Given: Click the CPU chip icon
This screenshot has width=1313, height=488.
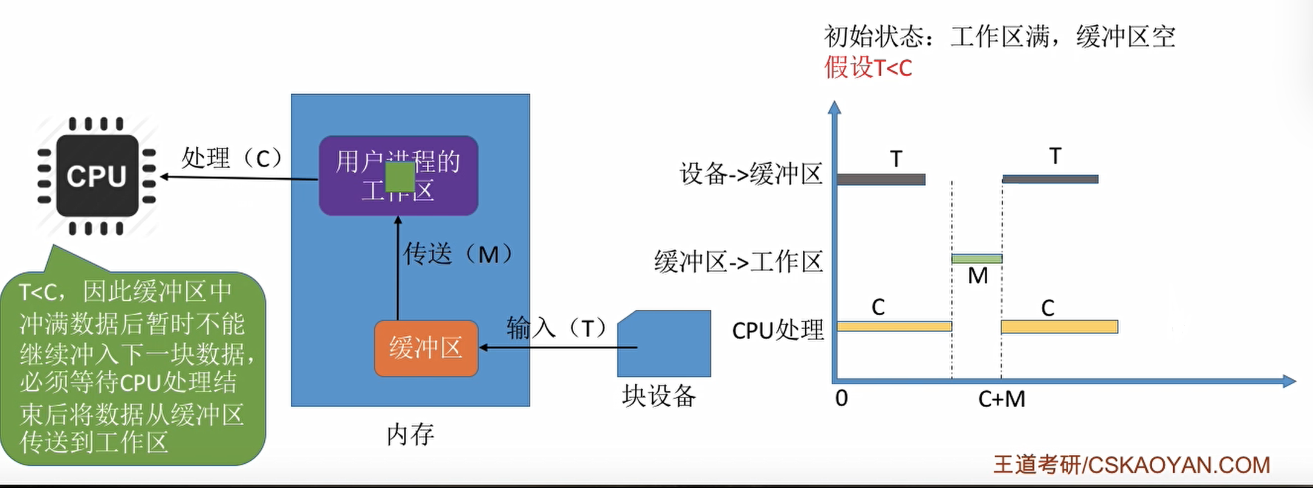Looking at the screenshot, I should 97,176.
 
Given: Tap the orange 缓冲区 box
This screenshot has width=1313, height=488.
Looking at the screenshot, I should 426,348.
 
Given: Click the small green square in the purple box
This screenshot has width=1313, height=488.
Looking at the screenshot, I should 400,177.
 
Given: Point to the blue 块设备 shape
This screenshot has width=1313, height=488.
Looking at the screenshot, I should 664,344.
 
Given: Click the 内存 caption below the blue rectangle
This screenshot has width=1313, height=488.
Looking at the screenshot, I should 410,434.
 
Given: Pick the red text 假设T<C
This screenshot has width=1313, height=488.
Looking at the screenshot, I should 868,68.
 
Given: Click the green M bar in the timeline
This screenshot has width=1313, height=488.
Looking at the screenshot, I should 977,258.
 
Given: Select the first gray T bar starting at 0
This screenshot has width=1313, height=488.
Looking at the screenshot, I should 881,179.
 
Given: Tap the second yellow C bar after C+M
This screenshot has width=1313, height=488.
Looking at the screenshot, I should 1059,327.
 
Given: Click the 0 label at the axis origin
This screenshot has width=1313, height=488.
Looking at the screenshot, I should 841,398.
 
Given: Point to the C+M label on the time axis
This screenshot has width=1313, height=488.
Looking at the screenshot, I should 1002,399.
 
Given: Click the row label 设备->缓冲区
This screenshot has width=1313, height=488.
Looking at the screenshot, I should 751,174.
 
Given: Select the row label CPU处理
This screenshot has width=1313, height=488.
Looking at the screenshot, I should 778,330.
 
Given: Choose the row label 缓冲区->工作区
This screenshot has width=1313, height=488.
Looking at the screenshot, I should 738,262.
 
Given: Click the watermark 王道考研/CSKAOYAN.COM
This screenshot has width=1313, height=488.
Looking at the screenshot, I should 1131,464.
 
